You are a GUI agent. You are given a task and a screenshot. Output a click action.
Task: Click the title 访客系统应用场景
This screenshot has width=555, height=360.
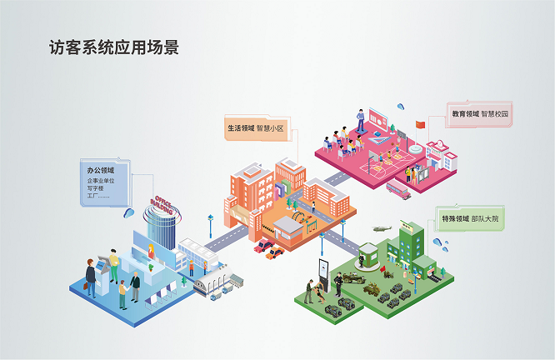(114, 47)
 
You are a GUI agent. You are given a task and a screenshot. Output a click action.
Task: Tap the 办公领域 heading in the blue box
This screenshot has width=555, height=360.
(101, 171)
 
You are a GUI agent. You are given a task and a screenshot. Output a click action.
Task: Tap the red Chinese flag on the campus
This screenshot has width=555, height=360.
(420, 125)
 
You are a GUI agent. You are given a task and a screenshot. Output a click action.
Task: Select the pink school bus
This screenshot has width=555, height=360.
(398, 191)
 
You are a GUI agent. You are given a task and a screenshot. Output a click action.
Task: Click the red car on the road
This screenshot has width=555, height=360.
(262, 246)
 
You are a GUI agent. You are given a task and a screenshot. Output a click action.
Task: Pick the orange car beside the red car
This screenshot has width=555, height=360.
(275, 252)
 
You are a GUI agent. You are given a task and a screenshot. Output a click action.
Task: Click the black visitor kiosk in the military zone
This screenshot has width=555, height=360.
(324, 271)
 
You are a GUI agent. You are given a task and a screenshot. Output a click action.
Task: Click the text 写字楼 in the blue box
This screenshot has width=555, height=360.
(97, 188)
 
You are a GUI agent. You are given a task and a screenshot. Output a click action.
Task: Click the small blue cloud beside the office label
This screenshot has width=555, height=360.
(128, 213)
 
